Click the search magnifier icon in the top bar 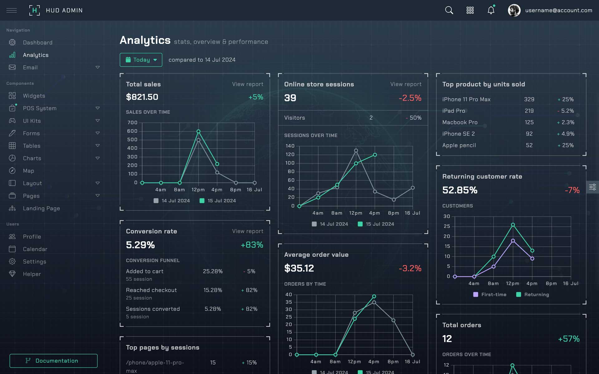449,10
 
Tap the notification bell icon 491,10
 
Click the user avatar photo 514,10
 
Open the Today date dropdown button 141,60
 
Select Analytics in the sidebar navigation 36,55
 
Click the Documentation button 53,361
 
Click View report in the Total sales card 247,84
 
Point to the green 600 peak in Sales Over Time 198,132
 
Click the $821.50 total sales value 142,97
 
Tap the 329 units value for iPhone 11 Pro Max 529,99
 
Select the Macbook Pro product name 460,122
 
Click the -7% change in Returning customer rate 572,190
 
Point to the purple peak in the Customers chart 513,241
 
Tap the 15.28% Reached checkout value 213,290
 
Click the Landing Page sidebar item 41,209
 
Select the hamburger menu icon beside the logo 12,10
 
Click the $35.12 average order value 299,268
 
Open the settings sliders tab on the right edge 592,187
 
